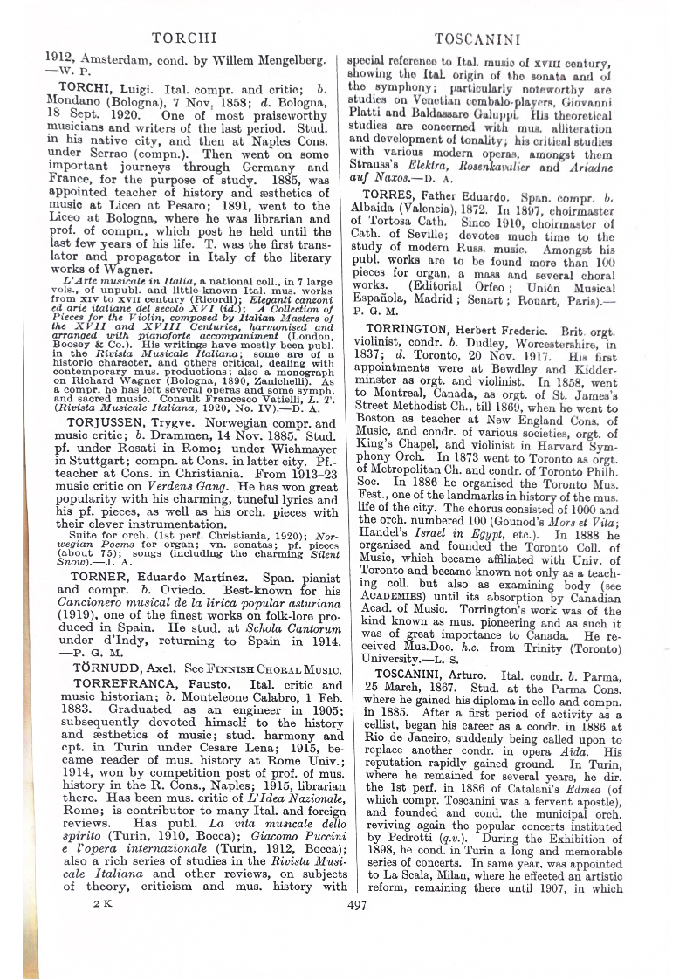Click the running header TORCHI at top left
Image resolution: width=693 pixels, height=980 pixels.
(184, 38)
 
